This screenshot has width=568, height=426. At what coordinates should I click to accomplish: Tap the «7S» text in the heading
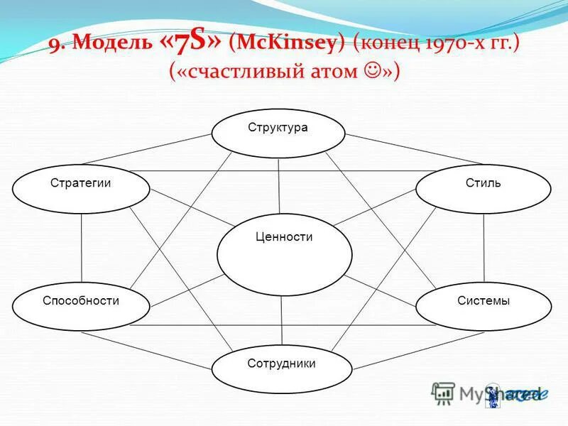click(190, 43)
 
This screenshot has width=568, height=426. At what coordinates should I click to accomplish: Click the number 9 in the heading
click(55, 45)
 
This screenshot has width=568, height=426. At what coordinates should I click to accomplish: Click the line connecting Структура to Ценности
click(279, 186)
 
